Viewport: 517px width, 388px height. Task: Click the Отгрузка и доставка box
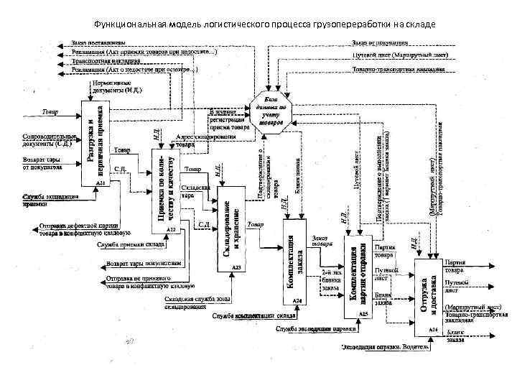pos(427,294)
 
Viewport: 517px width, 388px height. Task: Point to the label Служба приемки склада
pos(126,244)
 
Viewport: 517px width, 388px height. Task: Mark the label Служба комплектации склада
pos(255,315)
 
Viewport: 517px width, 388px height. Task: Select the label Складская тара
pos(196,191)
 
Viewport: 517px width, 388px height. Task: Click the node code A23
pos(235,267)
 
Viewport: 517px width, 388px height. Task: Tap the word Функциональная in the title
pos(131,23)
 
